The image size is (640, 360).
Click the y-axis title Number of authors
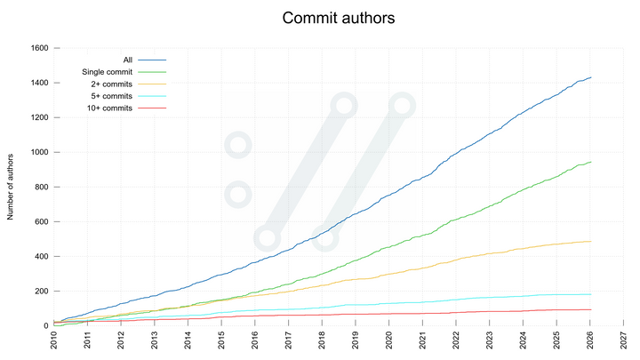[12, 186]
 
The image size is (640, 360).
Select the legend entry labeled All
[127, 60]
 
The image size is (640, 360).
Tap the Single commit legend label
[107, 72]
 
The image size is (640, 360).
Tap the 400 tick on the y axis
[39, 256]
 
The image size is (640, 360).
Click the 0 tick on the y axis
[45, 326]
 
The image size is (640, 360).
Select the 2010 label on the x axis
[54, 340]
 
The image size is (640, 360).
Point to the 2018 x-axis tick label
[322, 340]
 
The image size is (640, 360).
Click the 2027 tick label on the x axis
[624, 340]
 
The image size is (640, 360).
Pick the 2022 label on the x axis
[456, 340]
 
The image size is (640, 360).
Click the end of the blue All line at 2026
[591, 77]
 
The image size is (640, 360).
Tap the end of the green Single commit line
[591, 162]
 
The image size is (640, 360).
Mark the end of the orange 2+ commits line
[591, 241]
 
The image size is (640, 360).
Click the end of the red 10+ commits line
[591, 309]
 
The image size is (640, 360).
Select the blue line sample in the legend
[152, 60]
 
